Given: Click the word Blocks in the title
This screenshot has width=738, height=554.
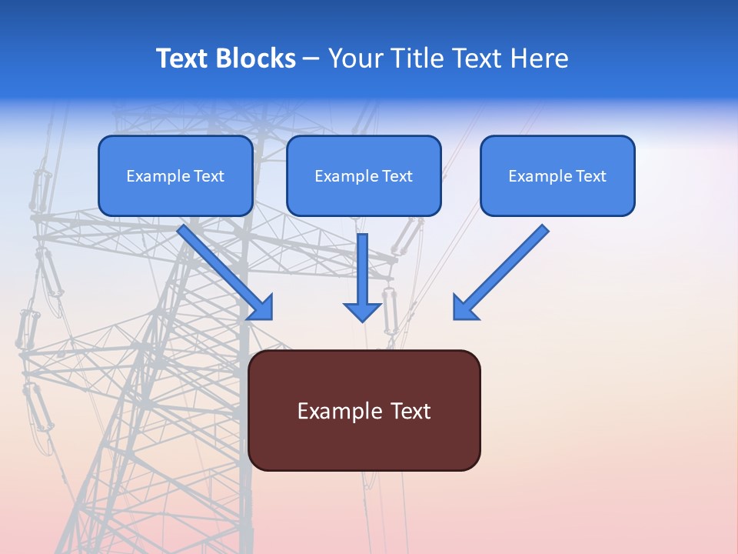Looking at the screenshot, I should tap(256, 58).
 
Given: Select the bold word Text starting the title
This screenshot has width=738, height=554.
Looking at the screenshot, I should tap(183, 58).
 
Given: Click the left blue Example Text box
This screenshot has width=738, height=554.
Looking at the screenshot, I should tap(175, 175).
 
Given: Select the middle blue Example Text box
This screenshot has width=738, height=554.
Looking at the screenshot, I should tap(364, 175).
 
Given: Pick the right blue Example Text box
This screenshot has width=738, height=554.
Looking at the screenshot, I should tap(557, 175).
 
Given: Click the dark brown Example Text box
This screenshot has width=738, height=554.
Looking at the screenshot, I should tap(364, 410).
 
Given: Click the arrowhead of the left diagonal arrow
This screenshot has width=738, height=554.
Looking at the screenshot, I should tap(261, 309).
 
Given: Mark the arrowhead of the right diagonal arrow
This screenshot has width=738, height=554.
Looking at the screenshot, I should tap(464, 309).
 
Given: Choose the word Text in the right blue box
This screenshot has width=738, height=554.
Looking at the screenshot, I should tap(591, 176).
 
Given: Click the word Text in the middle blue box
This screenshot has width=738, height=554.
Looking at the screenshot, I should tap(397, 176).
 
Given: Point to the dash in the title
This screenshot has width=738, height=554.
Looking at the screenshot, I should tap(311, 59).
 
